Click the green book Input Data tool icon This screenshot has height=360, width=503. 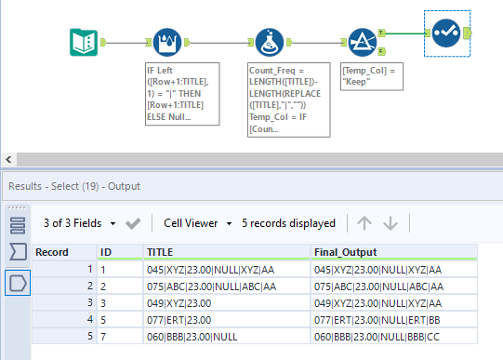(86, 42)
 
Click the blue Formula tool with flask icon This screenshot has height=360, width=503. (269, 42)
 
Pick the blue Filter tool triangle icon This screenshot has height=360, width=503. (363, 42)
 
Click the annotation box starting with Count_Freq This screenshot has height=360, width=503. (280, 93)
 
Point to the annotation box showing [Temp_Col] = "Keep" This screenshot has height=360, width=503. (370, 75)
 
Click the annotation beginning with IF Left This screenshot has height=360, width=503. (182, 93)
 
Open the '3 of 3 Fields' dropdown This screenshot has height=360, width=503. (80, 223)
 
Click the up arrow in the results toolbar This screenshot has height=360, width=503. (364, 223)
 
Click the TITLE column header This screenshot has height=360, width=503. (160, 251)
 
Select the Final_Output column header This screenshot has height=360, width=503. (346, 251)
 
